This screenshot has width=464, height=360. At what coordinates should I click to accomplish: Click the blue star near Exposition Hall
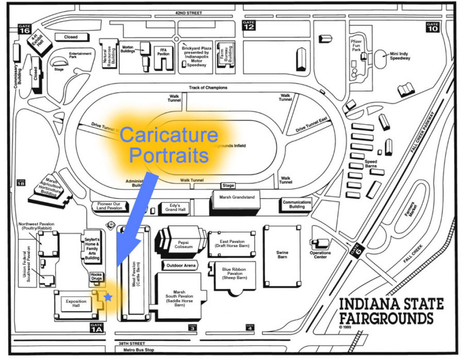click(x=108, y=297)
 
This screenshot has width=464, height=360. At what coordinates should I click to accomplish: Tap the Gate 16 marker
click(x=24, y=29)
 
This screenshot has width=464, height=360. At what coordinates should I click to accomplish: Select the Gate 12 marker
click(x=249, y=25)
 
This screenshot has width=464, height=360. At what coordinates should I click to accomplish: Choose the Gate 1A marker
click(x=97, y=327)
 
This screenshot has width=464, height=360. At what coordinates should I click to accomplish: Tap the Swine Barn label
click(x=282, y=255)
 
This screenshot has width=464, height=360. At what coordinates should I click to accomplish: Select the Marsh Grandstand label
click(x=234, y=197)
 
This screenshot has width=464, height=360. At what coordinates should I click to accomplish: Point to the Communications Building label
click(x=297, y=204)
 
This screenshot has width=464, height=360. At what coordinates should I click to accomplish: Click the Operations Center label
click(x=320, y=255)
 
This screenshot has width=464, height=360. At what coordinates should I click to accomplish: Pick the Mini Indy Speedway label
click(x=400, y=56)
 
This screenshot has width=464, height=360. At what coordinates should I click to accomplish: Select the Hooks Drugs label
click(x=96, y=277)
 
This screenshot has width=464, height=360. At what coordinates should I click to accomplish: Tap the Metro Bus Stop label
click(x=135, y=350)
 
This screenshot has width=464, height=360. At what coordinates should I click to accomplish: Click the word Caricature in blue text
click(x=169, y=135)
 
